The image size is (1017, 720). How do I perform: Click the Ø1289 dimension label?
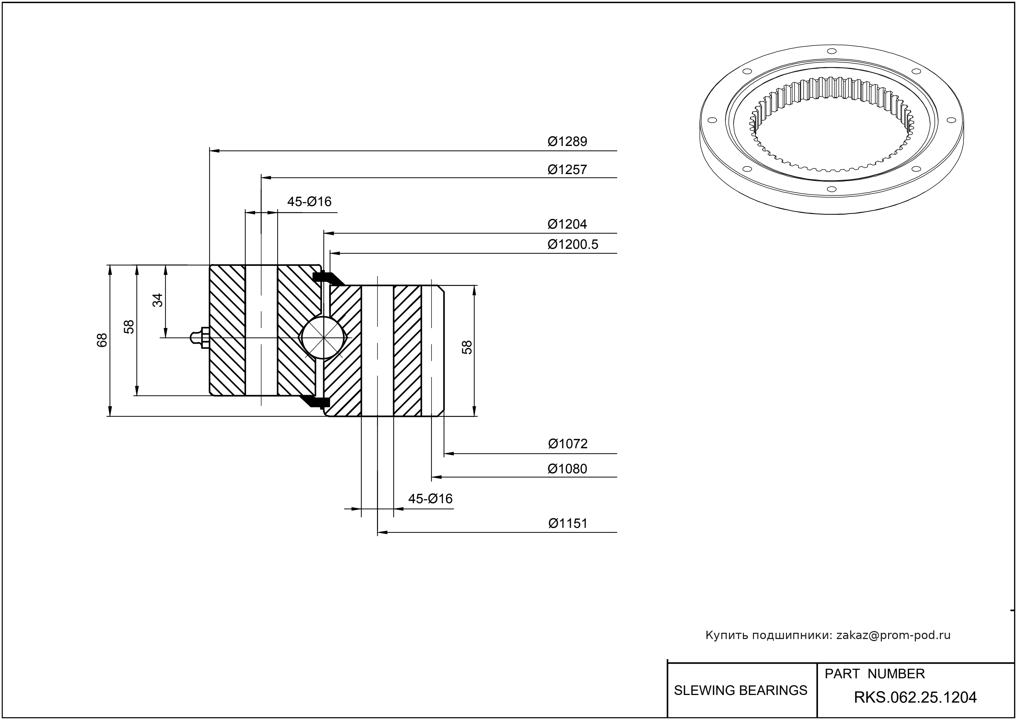click(567, 142)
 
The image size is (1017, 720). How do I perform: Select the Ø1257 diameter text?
click(567, 170)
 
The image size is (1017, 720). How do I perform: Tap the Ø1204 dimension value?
click(567, 224)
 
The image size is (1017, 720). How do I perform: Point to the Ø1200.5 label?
click(573, 245)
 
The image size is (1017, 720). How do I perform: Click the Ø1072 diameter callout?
click(567, 444)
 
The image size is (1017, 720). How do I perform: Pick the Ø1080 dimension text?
click(567, 469)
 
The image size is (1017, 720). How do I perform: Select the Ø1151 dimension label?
click(567, 524)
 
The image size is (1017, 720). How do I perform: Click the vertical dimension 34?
click(158, 301)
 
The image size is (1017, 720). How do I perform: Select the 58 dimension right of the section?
click(467, 347)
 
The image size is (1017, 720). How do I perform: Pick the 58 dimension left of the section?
click(129, 327)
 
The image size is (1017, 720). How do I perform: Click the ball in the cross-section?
click(324, 337)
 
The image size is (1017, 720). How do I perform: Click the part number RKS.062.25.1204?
click(915, 698)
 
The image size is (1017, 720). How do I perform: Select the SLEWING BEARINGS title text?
click(740, 690)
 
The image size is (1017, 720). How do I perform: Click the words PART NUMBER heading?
click(874, 674)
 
